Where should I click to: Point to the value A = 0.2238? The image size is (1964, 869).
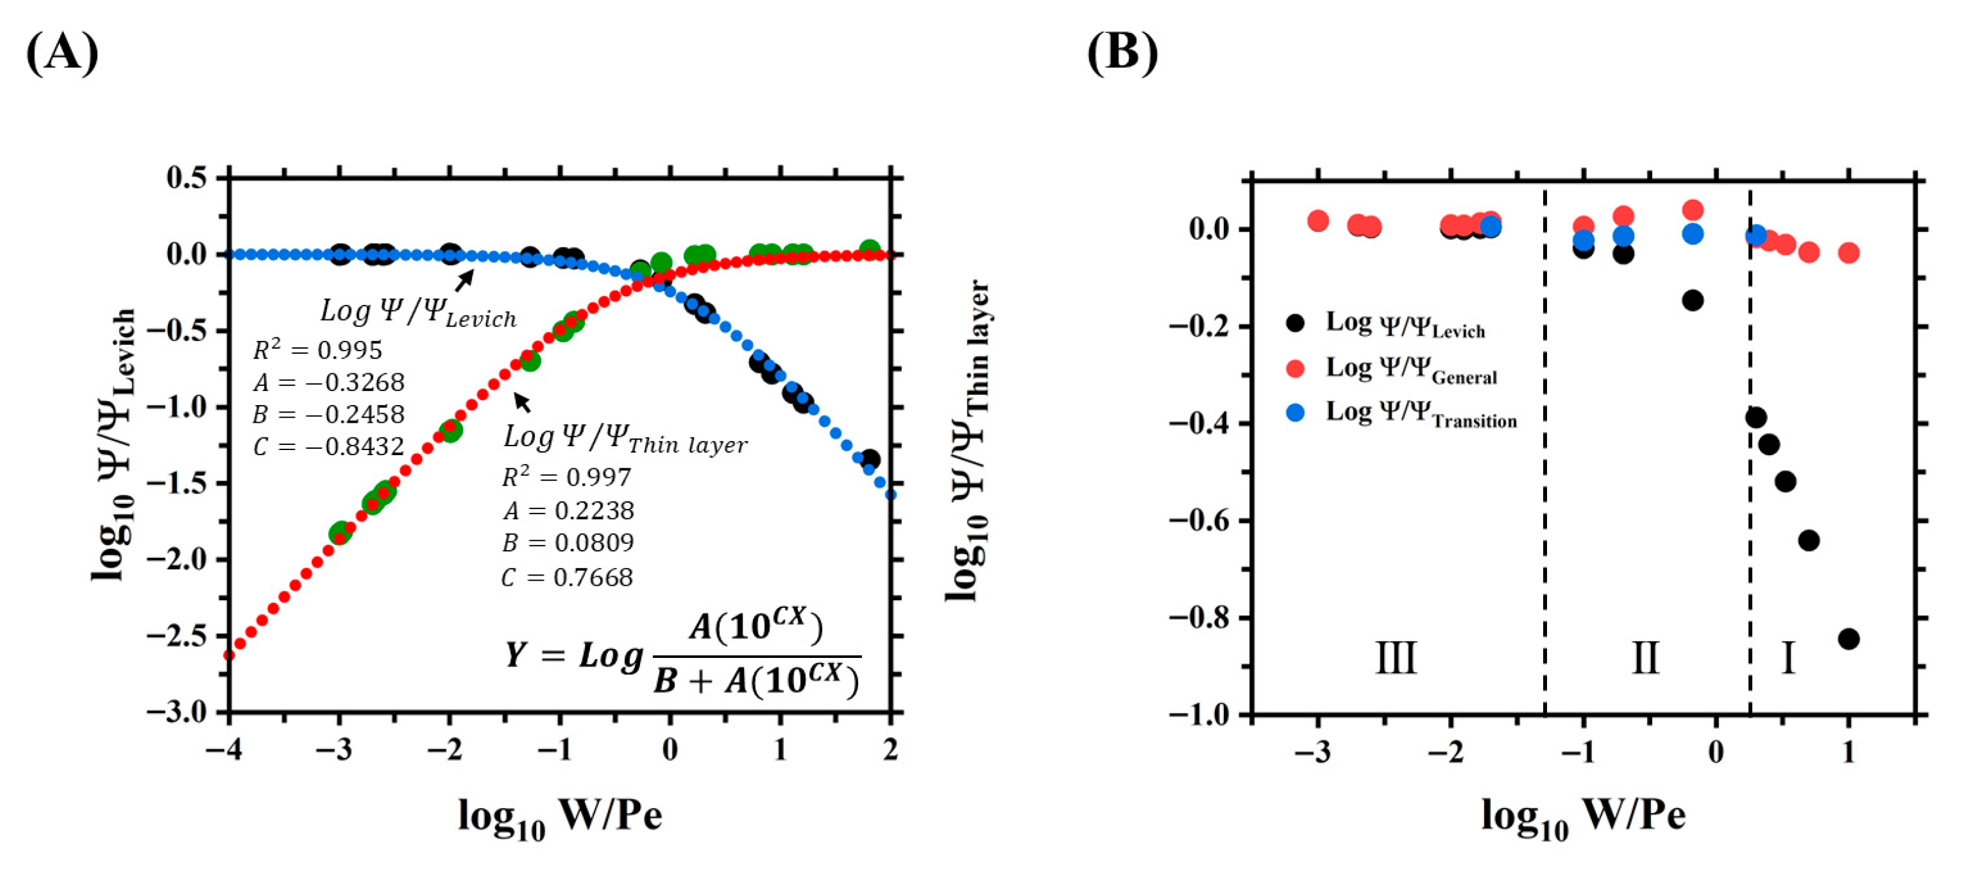pyautogui.click(x=568, y=510)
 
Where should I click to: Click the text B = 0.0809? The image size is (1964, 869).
pyautogui.click(x=568, y=543)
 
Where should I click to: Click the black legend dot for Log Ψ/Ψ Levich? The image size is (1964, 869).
pyautogui.click(x=1295, y=323)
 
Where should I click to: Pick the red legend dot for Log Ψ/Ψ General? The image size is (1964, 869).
pyautogui.click(x=1295, y=368)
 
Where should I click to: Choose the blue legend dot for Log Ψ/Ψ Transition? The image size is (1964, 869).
pyautogui.click(x=1295, y=413)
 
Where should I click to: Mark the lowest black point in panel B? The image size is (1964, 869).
pyautogui.click(x=1848, y=639)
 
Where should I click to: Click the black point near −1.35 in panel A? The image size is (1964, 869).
pyautogui.click(x=869, y=460)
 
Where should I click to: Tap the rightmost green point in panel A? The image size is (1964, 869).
pyautogui.click(x=869, y=249)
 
